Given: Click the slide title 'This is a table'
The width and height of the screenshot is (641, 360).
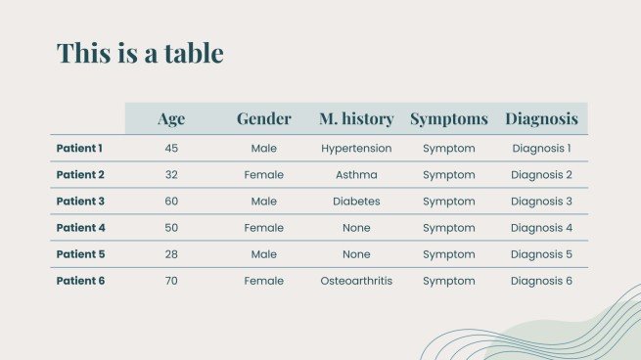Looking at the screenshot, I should pyautogui.click(x=140, y=53).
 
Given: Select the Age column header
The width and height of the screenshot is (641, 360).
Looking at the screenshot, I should pyautogui.click(x=171, y=119).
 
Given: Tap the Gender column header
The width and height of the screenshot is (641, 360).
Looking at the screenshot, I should pyautogui.click(x=263, y=119).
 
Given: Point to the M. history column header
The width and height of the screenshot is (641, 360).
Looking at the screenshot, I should pyautogui.click(x=356, y=119).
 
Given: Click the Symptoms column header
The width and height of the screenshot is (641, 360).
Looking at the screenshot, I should pyautogui.click(x=448, y=119).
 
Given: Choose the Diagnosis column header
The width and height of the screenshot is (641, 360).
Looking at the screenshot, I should pyautogui.click(x=541, y=119).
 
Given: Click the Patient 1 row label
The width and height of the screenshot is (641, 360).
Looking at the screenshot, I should pyautogui.click(x=79, y=149).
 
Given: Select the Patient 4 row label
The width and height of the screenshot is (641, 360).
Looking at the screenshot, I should pyautogui.click(x=80, y=228).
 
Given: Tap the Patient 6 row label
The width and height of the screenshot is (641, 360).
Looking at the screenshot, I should pyautogui.click(x=80, y=281).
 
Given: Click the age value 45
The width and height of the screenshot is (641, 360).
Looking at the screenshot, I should pyautogui.click(x=171, y=149).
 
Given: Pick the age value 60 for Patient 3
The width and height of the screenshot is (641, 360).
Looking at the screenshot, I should pyautogui.click(x=171, y=202).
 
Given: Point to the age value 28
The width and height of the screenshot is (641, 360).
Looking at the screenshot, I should pyautogui.click(x=171, y=254).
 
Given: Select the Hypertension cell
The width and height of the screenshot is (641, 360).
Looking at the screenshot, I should pyautogui.click(x=356, y=149).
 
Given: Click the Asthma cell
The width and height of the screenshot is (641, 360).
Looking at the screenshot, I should pyautogui.click(x=356, y=175).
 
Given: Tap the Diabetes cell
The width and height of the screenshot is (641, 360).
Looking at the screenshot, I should pyautogui.click(x=356, y=202).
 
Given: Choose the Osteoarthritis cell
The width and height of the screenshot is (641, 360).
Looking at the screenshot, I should pyautogui.click(x=356, y=281).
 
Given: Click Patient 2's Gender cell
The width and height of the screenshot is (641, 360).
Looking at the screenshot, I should pyautogui.click(x=263, y=175).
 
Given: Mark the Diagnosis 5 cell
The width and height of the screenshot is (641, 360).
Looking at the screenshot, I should pyautogui.click(x=541, y=254).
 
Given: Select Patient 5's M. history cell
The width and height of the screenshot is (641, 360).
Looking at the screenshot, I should pyautogui.click(x=356, y=254).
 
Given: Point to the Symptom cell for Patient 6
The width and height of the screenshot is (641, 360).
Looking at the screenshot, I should pyautogui.click(x=448, y=281).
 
